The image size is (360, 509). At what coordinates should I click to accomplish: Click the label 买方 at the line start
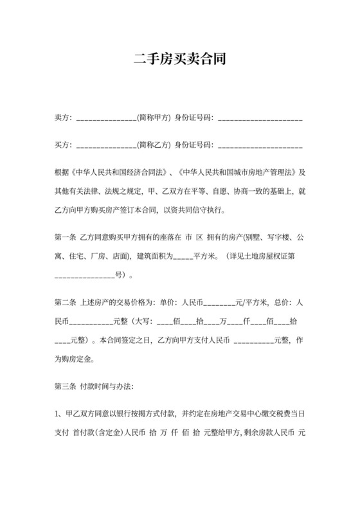coord(62,145)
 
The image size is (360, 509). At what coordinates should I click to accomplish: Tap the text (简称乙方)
coord(154,145)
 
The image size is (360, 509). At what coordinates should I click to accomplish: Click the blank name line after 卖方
coord(105,120)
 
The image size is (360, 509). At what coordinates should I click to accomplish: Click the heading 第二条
coord(66,302)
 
